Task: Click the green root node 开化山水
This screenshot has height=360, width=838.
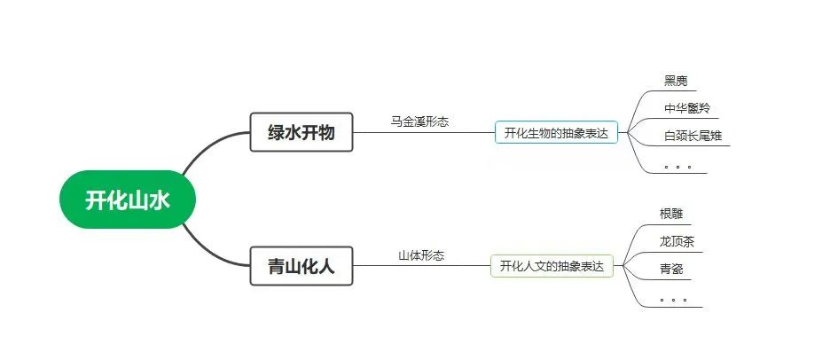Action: pos(128,200)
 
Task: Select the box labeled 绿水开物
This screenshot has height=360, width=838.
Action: pos(302,132)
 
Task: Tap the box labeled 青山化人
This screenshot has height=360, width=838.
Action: pos(302,266)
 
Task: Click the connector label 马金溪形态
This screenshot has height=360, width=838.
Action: pos(419,121)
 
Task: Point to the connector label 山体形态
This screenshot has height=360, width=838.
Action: pos(421,255)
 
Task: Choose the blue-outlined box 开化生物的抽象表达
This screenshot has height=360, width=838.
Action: pos(556,132)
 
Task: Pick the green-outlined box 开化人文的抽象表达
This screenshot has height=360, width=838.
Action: pos(552,266)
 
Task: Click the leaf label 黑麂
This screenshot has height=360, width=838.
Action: pos(676,82)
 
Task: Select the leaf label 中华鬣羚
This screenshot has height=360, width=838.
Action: pos(687,108)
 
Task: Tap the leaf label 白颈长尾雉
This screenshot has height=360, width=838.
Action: pos(693,137)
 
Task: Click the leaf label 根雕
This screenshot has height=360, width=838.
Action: pos(671,215)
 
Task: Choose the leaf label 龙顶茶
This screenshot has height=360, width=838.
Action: pos(677,241)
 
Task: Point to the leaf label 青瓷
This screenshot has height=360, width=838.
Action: pos(671,270)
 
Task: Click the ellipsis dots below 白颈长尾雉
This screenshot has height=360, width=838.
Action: pos(677,167)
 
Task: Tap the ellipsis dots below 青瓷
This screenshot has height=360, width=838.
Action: pos(673,300)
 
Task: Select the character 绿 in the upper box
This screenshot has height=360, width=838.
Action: pos(277,132)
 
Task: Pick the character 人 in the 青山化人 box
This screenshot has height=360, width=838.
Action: pos(326,266)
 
